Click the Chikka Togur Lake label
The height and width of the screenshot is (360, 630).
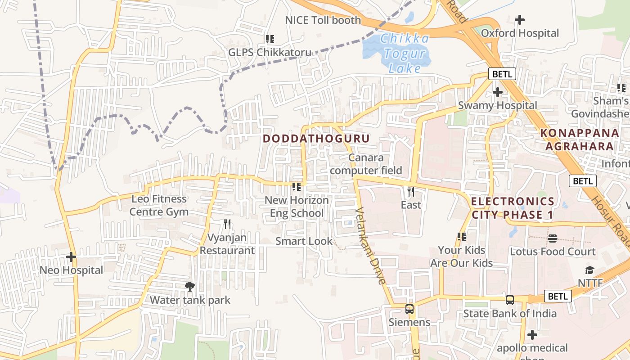pos(404,53)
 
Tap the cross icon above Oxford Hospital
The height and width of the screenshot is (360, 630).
pos(520,20)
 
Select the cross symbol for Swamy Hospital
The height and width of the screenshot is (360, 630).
pos(497,92)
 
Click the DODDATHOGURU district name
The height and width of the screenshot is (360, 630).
pos(316,139)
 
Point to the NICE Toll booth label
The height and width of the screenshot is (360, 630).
pos(323,20)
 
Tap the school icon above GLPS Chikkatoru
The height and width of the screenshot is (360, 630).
pos(270,39)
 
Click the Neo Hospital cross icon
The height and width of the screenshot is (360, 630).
pos(71,257)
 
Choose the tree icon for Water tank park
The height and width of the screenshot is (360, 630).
pos(190,286)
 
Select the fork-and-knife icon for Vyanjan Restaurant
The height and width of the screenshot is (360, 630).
pos(227,224)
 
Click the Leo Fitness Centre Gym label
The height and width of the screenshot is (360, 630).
pos(159,205)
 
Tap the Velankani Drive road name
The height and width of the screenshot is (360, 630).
pos(371,245)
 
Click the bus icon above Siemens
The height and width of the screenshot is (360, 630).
pos(409,309)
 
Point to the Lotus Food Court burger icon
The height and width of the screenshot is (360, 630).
pos(553,238)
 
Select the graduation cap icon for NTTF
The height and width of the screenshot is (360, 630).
pos(589,270)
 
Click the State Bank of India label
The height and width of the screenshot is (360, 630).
pos(510,313)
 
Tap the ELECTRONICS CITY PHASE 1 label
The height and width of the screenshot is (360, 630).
pos(513,208)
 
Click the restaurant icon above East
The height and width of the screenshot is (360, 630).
pos(410,192)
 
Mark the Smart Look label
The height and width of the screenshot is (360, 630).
pos(304,241)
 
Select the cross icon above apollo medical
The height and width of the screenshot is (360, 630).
pos(532,335)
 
